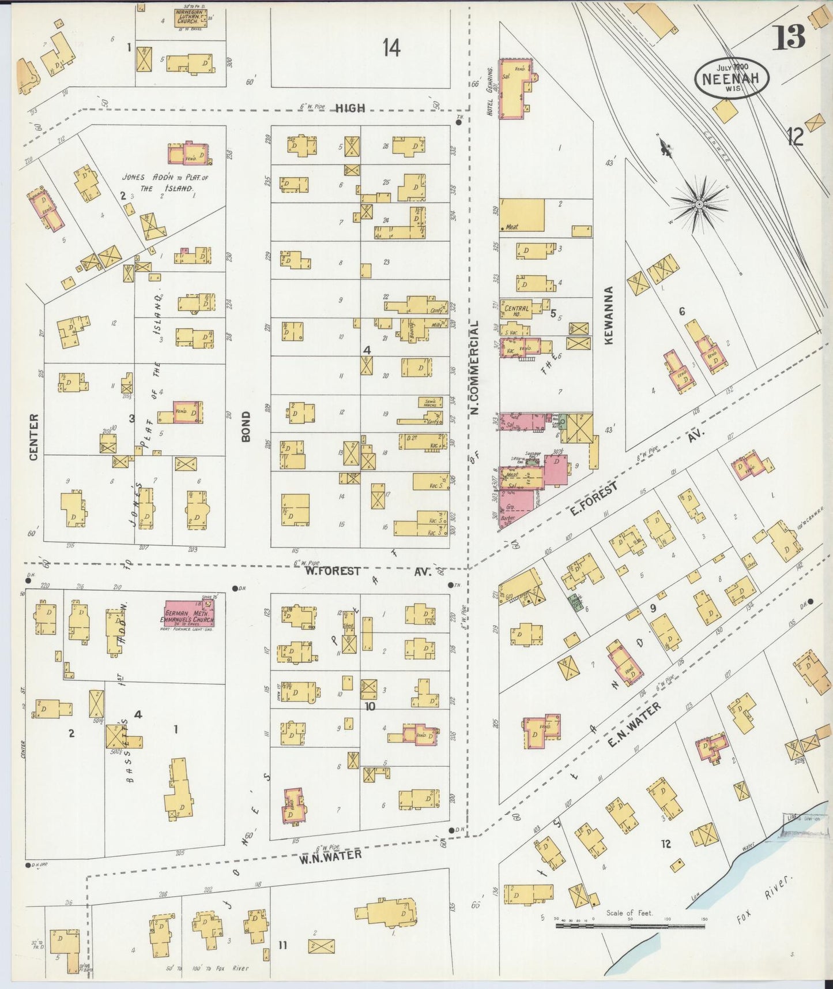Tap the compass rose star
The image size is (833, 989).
pyautogui.click(x=699, y=204)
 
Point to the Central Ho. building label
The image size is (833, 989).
pyautogui.click(x=517, y=312)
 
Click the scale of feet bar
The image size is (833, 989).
pyautogui.click(x=630, y=926)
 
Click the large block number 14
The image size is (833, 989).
pyautogui.click(x=391, y=48)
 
